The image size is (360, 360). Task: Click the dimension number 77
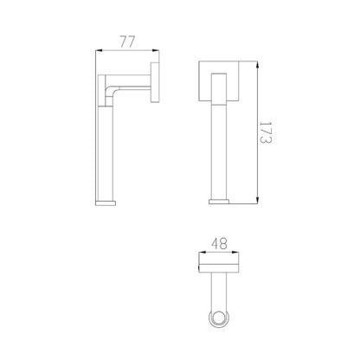coord(127,42)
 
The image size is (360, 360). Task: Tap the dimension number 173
coord(265,132)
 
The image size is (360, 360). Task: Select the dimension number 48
coord(219,243)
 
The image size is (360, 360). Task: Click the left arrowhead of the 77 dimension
coord(99,51)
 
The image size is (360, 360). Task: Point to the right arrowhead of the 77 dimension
coord(156,51)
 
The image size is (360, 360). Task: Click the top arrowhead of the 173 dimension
coord(257,65)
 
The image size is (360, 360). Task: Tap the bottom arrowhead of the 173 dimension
coord(257,201)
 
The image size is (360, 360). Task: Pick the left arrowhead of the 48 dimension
coord(202,254)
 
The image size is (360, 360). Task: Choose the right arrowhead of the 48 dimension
coord(235,254)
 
